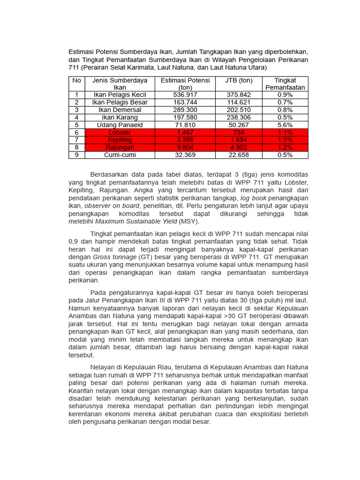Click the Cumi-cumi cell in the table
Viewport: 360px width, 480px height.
pyautogui.click(x=120, y=155)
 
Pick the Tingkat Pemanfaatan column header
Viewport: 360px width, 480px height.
pyautogui.click(x=285, y=84)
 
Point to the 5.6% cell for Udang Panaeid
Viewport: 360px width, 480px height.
pyautogui.click(x=285, y=125)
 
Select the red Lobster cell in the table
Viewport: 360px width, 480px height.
pyautogui.click(x=120, y=133)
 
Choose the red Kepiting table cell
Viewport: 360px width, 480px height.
pyautogui.click(x=120, y=140)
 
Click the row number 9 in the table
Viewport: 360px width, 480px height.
pyautogui.click(x=76, y=155)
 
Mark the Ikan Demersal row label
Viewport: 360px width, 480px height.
pyautogui.click(x=120, y=110)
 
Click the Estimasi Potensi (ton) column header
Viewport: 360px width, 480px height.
pyautogui.click(x=185, y=84)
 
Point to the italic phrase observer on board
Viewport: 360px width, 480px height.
pyautogui.click(x=112, y=205)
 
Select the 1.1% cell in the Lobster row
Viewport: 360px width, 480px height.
pyautogui.click(x=285, y=133)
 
